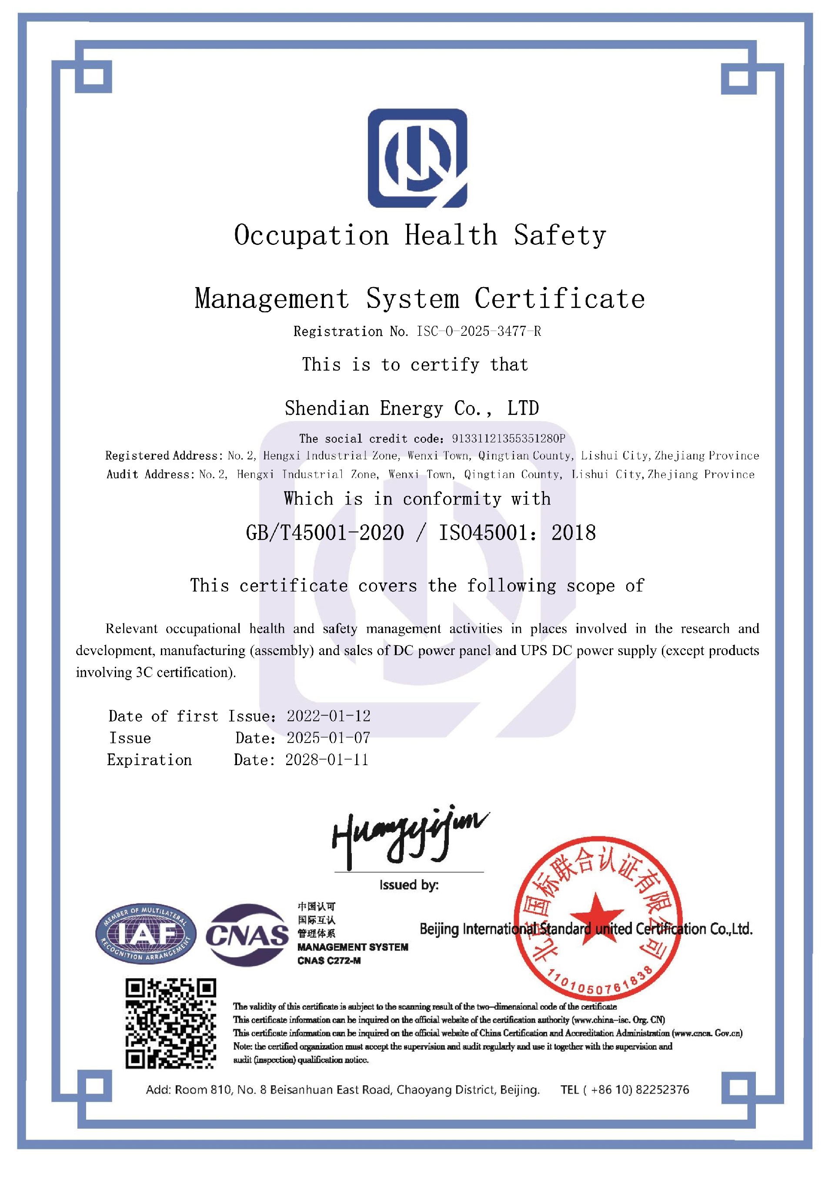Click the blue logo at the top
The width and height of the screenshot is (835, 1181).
point(417,158)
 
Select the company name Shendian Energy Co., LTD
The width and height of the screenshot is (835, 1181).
point(411,408)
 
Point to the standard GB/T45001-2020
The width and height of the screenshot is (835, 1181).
point(325,533)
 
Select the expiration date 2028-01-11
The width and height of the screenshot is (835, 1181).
point(327,760)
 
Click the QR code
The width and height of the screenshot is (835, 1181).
point(171,1024)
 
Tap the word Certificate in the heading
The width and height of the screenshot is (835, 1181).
point(559,299)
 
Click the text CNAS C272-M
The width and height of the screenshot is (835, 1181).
point(329,960)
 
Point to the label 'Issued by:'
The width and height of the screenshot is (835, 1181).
point(409,885)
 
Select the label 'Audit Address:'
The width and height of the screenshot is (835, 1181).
point(150,474)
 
